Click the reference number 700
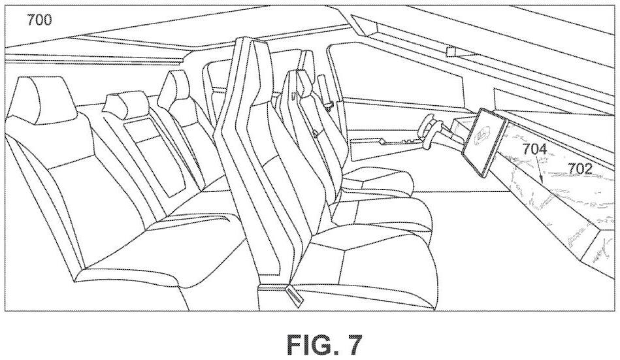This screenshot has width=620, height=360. point(39,19)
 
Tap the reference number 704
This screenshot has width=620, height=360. point(534,149)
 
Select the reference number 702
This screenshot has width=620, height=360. point(579,169)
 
